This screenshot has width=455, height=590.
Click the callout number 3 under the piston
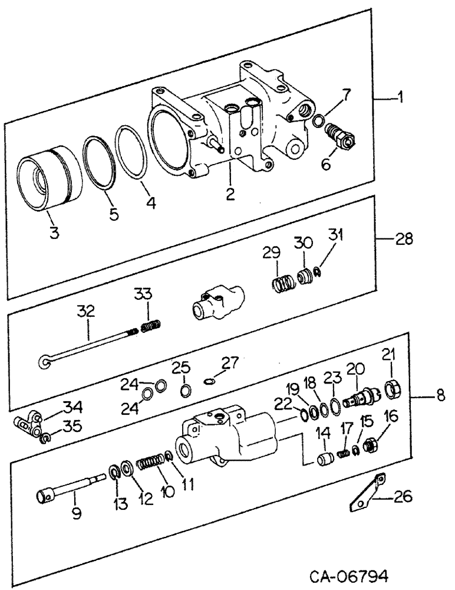pos(54,233)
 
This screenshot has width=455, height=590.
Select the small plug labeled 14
pos(325,458)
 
